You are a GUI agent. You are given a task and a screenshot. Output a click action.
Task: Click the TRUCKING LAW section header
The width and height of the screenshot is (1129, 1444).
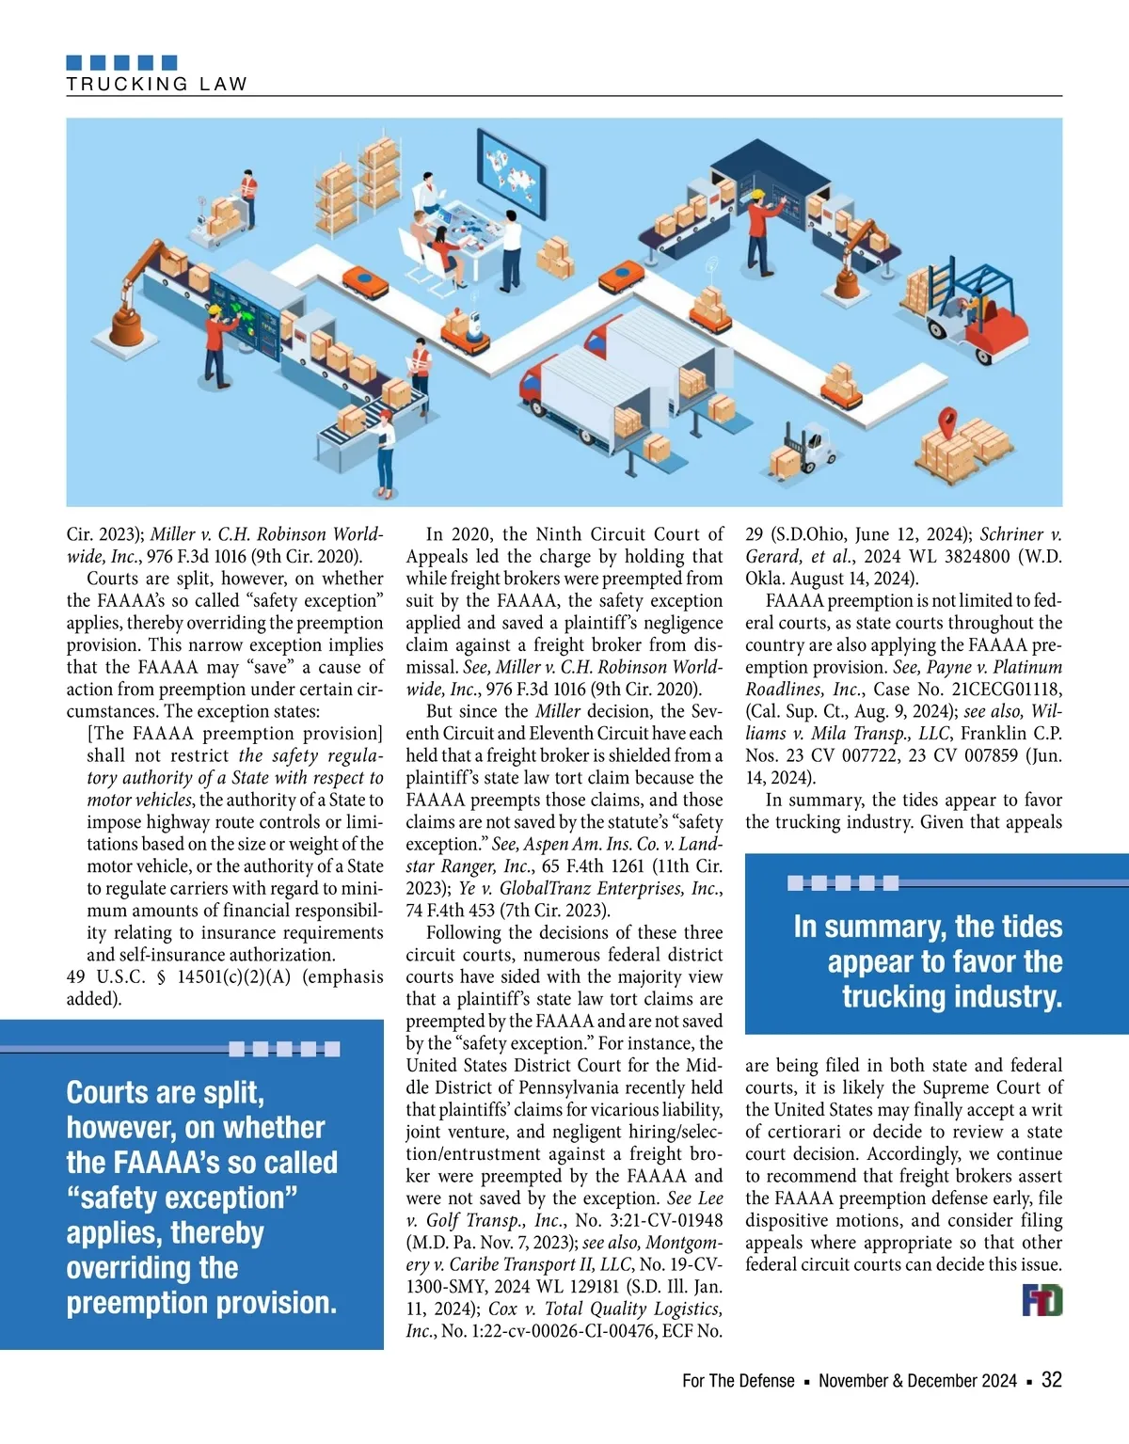[x=156, y=84]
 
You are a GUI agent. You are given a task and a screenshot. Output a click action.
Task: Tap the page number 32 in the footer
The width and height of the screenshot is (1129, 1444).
[x=1051, y=1380]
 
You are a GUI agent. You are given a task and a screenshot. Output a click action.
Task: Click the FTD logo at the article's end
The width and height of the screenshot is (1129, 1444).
[x=1042, y=1301]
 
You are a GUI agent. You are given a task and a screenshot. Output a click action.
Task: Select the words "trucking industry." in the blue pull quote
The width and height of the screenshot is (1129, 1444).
[x=951, y=996]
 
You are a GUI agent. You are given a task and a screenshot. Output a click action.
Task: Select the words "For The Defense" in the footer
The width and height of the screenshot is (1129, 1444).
[x=739, y=1381]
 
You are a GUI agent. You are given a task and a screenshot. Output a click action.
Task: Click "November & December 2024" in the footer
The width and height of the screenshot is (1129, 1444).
[x=917, y=1381]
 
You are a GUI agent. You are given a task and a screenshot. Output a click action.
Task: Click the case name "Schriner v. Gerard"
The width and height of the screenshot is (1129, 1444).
[x=1020, y=534]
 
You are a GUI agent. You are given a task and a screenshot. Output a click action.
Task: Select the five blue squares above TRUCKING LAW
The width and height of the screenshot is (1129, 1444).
[x=121, y=63]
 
